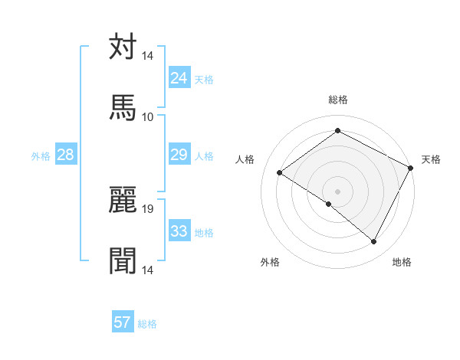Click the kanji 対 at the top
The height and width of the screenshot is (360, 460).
(123, 47)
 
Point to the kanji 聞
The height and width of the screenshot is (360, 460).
(123, 260)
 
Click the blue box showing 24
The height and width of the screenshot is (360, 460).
(179, 77)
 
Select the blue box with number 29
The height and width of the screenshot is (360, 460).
(179, 155)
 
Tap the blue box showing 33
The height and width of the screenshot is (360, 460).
(179, 231)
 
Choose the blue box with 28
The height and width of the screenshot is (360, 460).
(65, 155)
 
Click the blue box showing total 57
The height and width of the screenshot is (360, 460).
(123, 322)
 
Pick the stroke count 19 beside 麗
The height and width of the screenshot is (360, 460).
(148, 208)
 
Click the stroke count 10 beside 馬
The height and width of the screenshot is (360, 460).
(148, 116)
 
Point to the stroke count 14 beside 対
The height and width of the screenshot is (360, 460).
(148, 56)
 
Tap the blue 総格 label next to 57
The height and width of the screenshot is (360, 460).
(148, 324)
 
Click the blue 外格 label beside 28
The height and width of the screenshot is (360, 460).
(41, 155)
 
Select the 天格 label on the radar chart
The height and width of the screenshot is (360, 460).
(431, 159)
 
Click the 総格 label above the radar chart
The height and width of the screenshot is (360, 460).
(338, 100)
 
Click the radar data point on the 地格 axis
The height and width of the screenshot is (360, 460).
(374, 242)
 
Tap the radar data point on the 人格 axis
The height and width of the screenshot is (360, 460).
(280, 173)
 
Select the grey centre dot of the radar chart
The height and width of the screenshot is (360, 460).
(338, 191)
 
